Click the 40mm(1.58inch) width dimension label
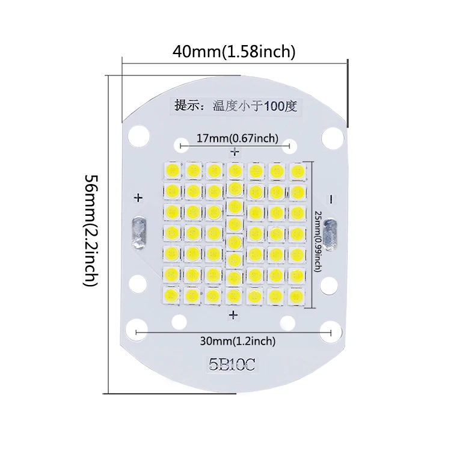click(x=234, y=52)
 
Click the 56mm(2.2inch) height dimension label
click(x=91, y=230)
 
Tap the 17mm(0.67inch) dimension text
click(x=238, y=139)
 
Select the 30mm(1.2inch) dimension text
click(x=238, y=342)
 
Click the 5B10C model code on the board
click(x=233, y=364)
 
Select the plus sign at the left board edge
click(x=138, y=197)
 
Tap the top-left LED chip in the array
click(x=172, y=171)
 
